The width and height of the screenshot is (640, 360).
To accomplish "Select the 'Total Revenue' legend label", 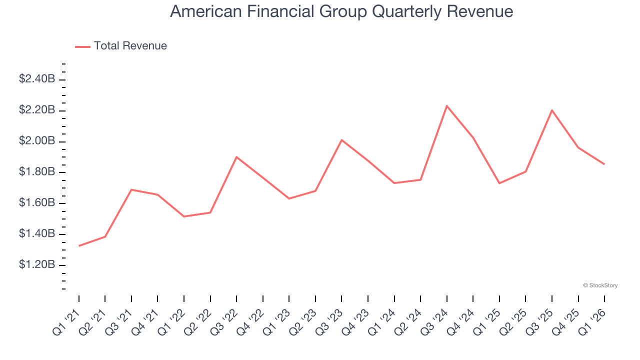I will (130, 46).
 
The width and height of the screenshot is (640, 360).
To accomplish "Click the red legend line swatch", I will (82, 46).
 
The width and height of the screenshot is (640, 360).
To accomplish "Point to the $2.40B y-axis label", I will (37, 79).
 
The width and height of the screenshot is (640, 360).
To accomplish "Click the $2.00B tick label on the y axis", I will (37, 141).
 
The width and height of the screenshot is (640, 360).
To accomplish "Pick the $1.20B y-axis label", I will (37, 264).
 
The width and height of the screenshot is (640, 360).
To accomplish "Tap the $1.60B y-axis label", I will (37, 203).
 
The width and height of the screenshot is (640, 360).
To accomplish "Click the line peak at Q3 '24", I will (446, 106).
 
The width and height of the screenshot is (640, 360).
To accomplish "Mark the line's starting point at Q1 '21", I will (79, 245).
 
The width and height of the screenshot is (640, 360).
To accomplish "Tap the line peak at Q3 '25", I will (552, 110).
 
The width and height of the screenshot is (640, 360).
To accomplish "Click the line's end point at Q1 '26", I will (604, 164).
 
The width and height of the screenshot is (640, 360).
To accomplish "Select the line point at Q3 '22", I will (236, 157).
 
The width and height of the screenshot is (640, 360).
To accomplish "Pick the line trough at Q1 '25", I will (499, 183).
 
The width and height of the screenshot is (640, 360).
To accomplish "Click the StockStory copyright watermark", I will (600, 285).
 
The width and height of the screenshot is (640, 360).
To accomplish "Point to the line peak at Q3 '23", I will (341, 140).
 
